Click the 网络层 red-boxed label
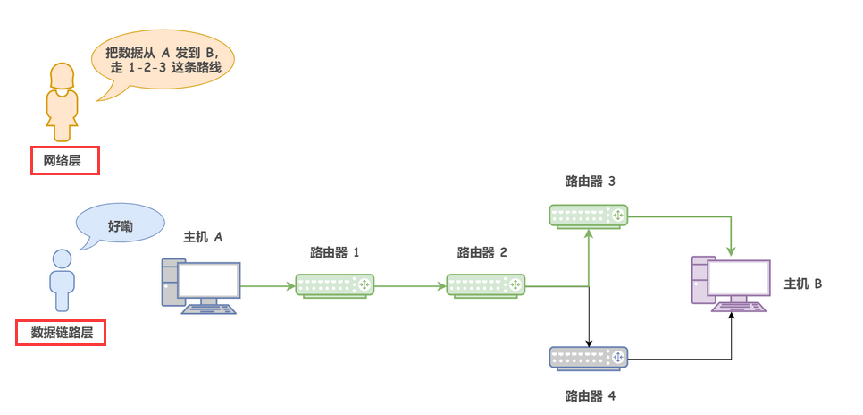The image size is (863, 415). pyautogui.click(x=63, y=161)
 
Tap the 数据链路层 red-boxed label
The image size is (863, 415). pyautogui.click(x=62, y=333)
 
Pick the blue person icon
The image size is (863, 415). pyautogui.click(x=62, y=280)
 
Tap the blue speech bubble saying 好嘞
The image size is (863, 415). pyautogui.click(x=121, y=226)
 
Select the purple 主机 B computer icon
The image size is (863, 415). pyautogui.click(x=730, y=284)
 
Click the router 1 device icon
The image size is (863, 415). pyautogui.click(x=335, y=285)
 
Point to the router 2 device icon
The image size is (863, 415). pyautogui.click(x=486, y=285)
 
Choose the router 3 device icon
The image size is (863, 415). pyautogui.click(x=588, y=216)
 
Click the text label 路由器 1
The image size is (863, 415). pyautogui.click(x=335, y=252)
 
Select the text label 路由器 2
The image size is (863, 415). pyautogui.click(x=482, y=252)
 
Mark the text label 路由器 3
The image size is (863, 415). pyautogui.click(x=590, y=182)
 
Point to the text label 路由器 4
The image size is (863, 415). pyautogui.click(x=590, y=394)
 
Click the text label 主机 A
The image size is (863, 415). pyautogui.click(x=203, y=237)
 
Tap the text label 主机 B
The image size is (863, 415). pyautogui.click(x=802, y=284)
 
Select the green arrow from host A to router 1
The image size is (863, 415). pyautogui.click(x=268, y=286)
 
